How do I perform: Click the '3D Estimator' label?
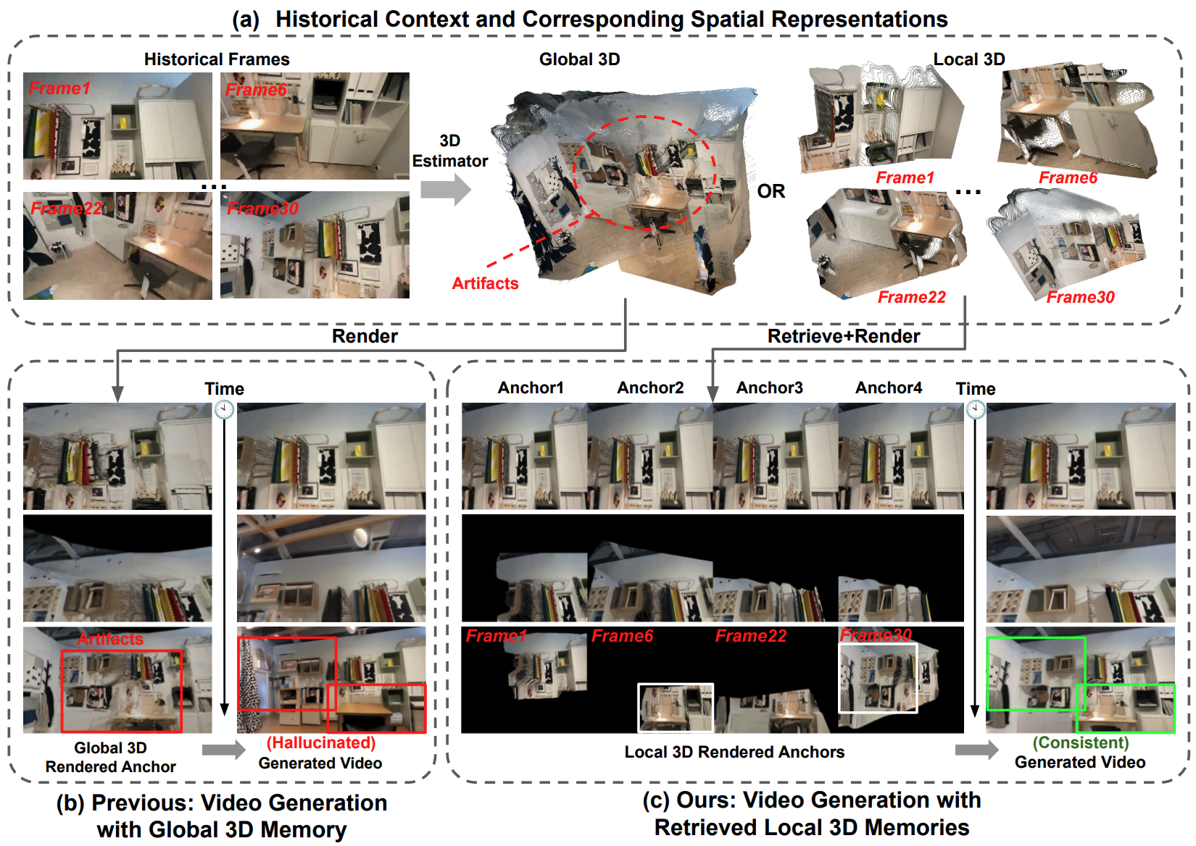[x=449, y=151]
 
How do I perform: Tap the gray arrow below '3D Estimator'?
[x=445, y=189]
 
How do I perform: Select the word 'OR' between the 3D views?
[x=771, y=191]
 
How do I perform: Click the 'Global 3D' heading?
[x=579, y=59]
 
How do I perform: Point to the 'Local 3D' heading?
[x=969, y=59]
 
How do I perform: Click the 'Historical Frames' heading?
[x=217, y=59]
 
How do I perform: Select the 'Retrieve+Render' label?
[x=844, y=336]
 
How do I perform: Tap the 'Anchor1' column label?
[x=531, y=388]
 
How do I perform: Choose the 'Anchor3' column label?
[x=769, y=388]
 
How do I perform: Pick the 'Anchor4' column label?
[x=889, y=388]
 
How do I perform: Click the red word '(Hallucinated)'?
[x=321, y=742]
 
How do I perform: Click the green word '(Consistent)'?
[x=1081, y=742]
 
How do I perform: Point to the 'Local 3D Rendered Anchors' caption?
[x=735, y=752]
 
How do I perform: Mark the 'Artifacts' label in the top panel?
[x=486, y=283]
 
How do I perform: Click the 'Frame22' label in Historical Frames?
[x=66, y=208]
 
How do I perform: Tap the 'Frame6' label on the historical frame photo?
[x=257, y=90]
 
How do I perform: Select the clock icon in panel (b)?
[x=224, y=410]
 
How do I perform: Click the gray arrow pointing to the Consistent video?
[x=976, y=750]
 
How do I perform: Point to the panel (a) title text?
[x=589, y=20]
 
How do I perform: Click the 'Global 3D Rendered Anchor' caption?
[x=110, y=757]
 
